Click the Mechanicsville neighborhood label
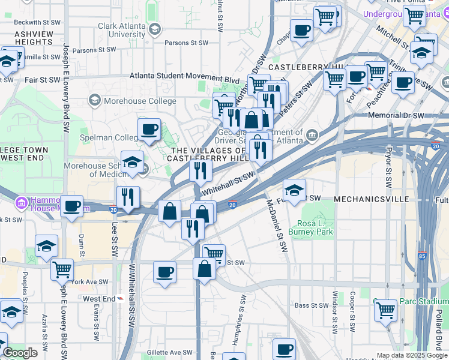point(371,199)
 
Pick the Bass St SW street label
point(311,305)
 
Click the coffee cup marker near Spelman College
point(149,129)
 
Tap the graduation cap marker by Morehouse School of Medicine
point(132,162)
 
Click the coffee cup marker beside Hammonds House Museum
point(72,206)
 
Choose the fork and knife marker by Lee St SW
point(128,197)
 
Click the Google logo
point(20,353)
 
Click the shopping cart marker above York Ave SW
point(62,270)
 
